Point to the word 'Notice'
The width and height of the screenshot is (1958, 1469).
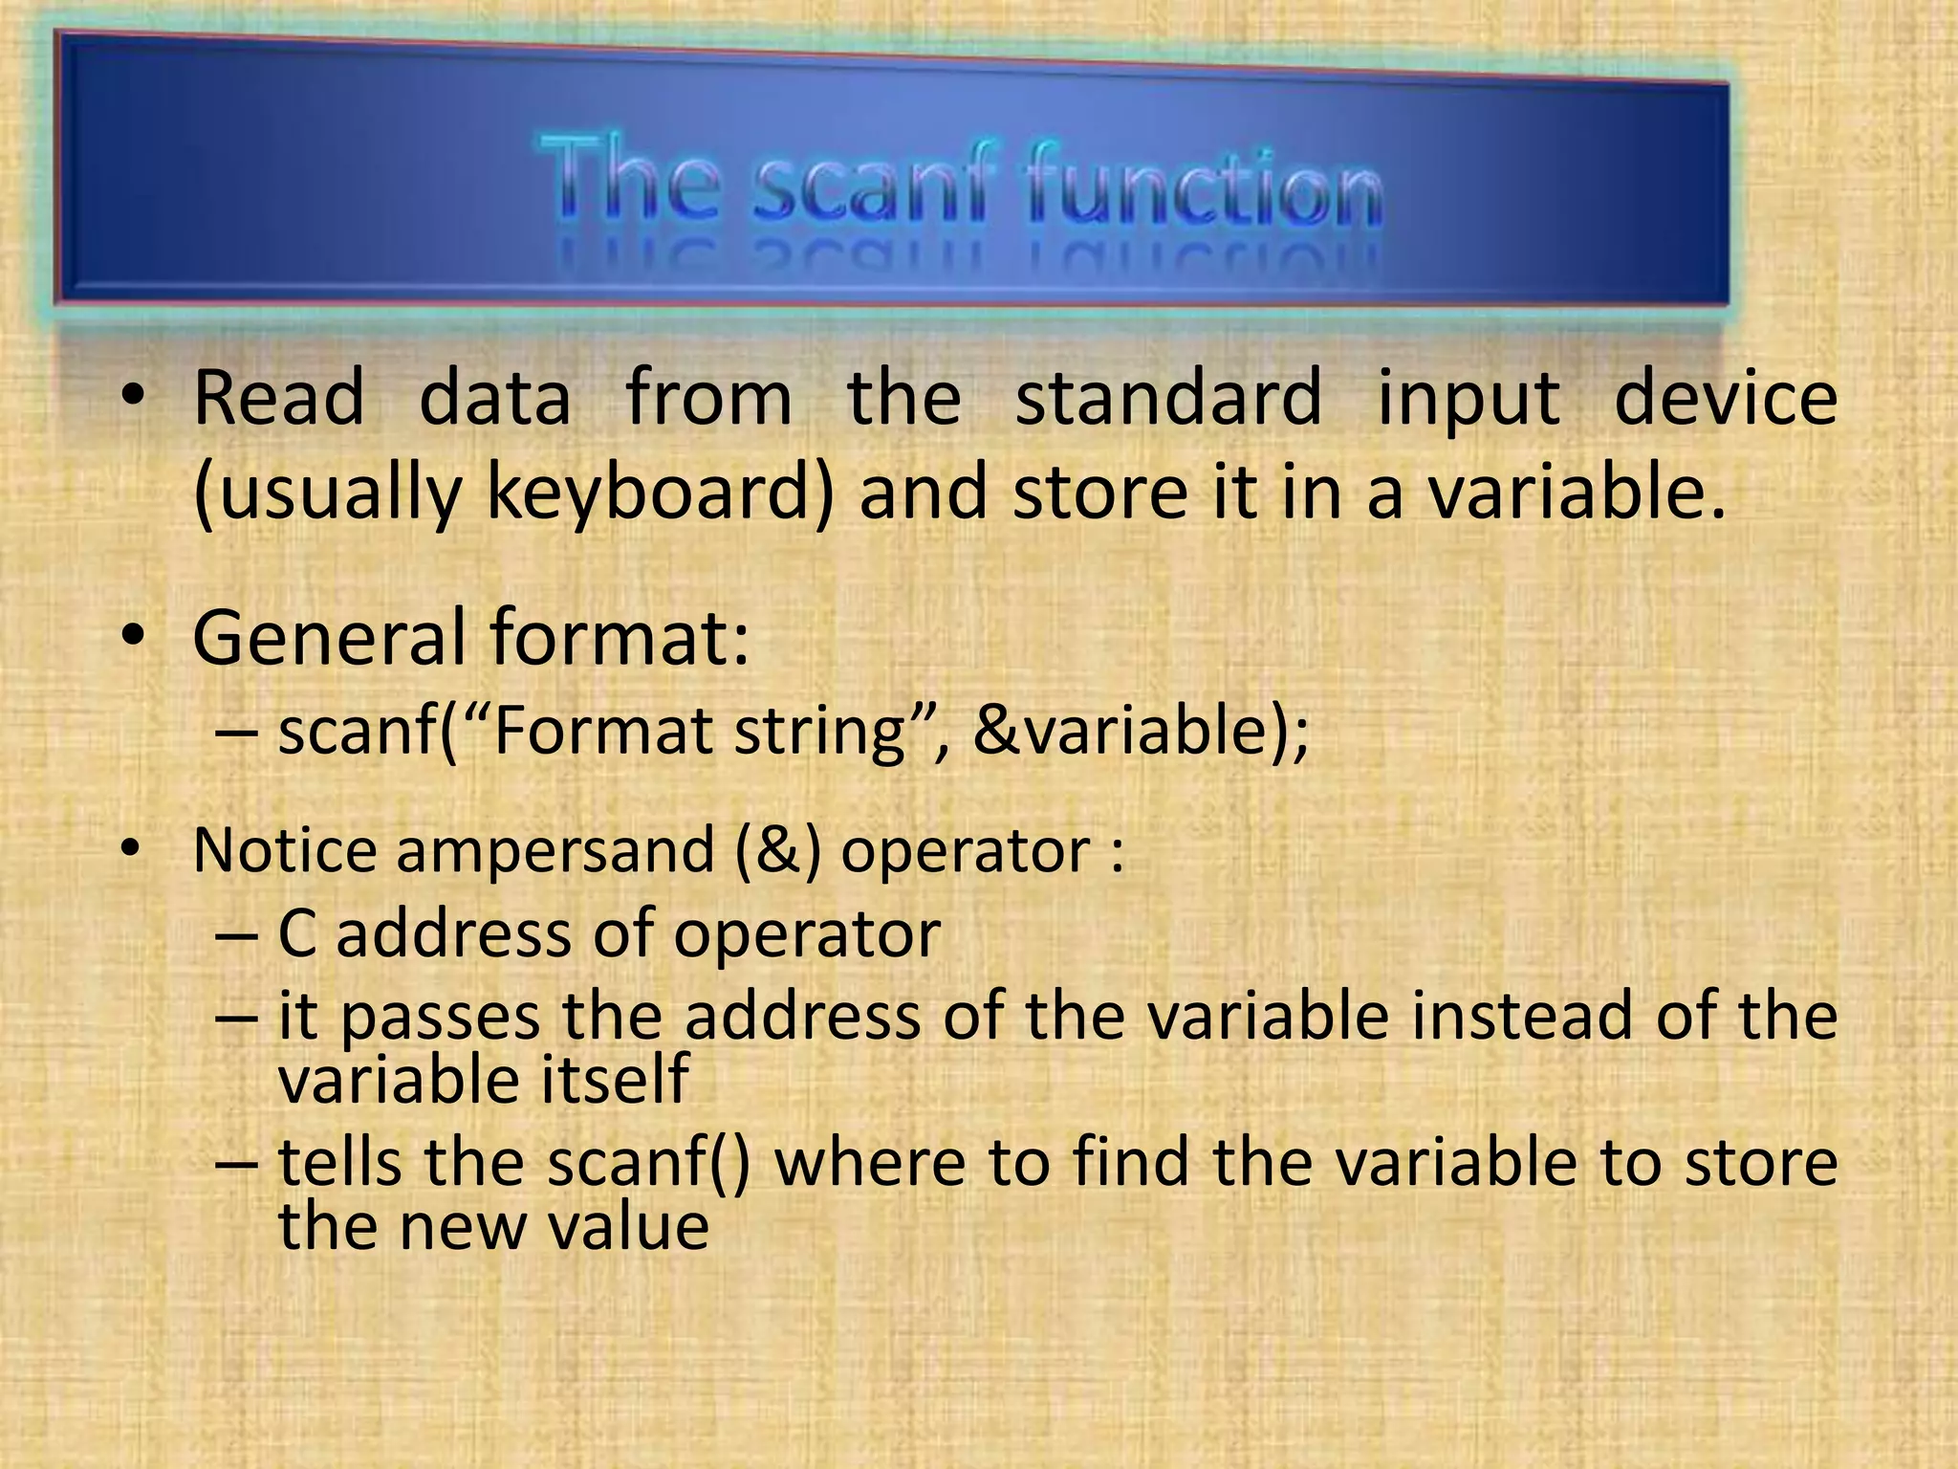click(285, 849)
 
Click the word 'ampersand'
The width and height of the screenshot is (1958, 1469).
click(555, 851)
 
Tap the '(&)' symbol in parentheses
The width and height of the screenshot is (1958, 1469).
click(779, 851)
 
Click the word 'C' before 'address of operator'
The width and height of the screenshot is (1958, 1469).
click(296, 933)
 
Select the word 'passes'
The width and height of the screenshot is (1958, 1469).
click(440, 1018)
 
